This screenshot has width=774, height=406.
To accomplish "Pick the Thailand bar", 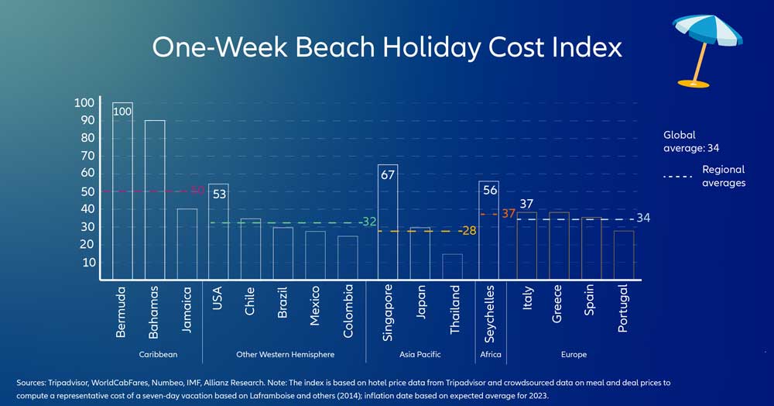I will tap(452, 266).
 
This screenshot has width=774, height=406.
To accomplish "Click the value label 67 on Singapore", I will tap(388, 174).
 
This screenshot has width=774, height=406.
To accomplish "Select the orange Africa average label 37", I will tap(509, 213).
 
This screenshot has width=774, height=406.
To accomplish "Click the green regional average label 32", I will tap(369, 222).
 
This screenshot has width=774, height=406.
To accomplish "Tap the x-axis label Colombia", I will tap(349, 310).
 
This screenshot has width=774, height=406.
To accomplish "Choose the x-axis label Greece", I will tap(557, 309).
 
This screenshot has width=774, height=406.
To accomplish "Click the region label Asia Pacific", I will tap(419, 354).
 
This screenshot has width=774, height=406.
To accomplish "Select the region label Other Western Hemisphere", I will tap(285, 354).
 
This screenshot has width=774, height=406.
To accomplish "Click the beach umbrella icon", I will tap(703, 46).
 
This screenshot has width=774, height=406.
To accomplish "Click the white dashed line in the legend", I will tap(677, 177).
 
